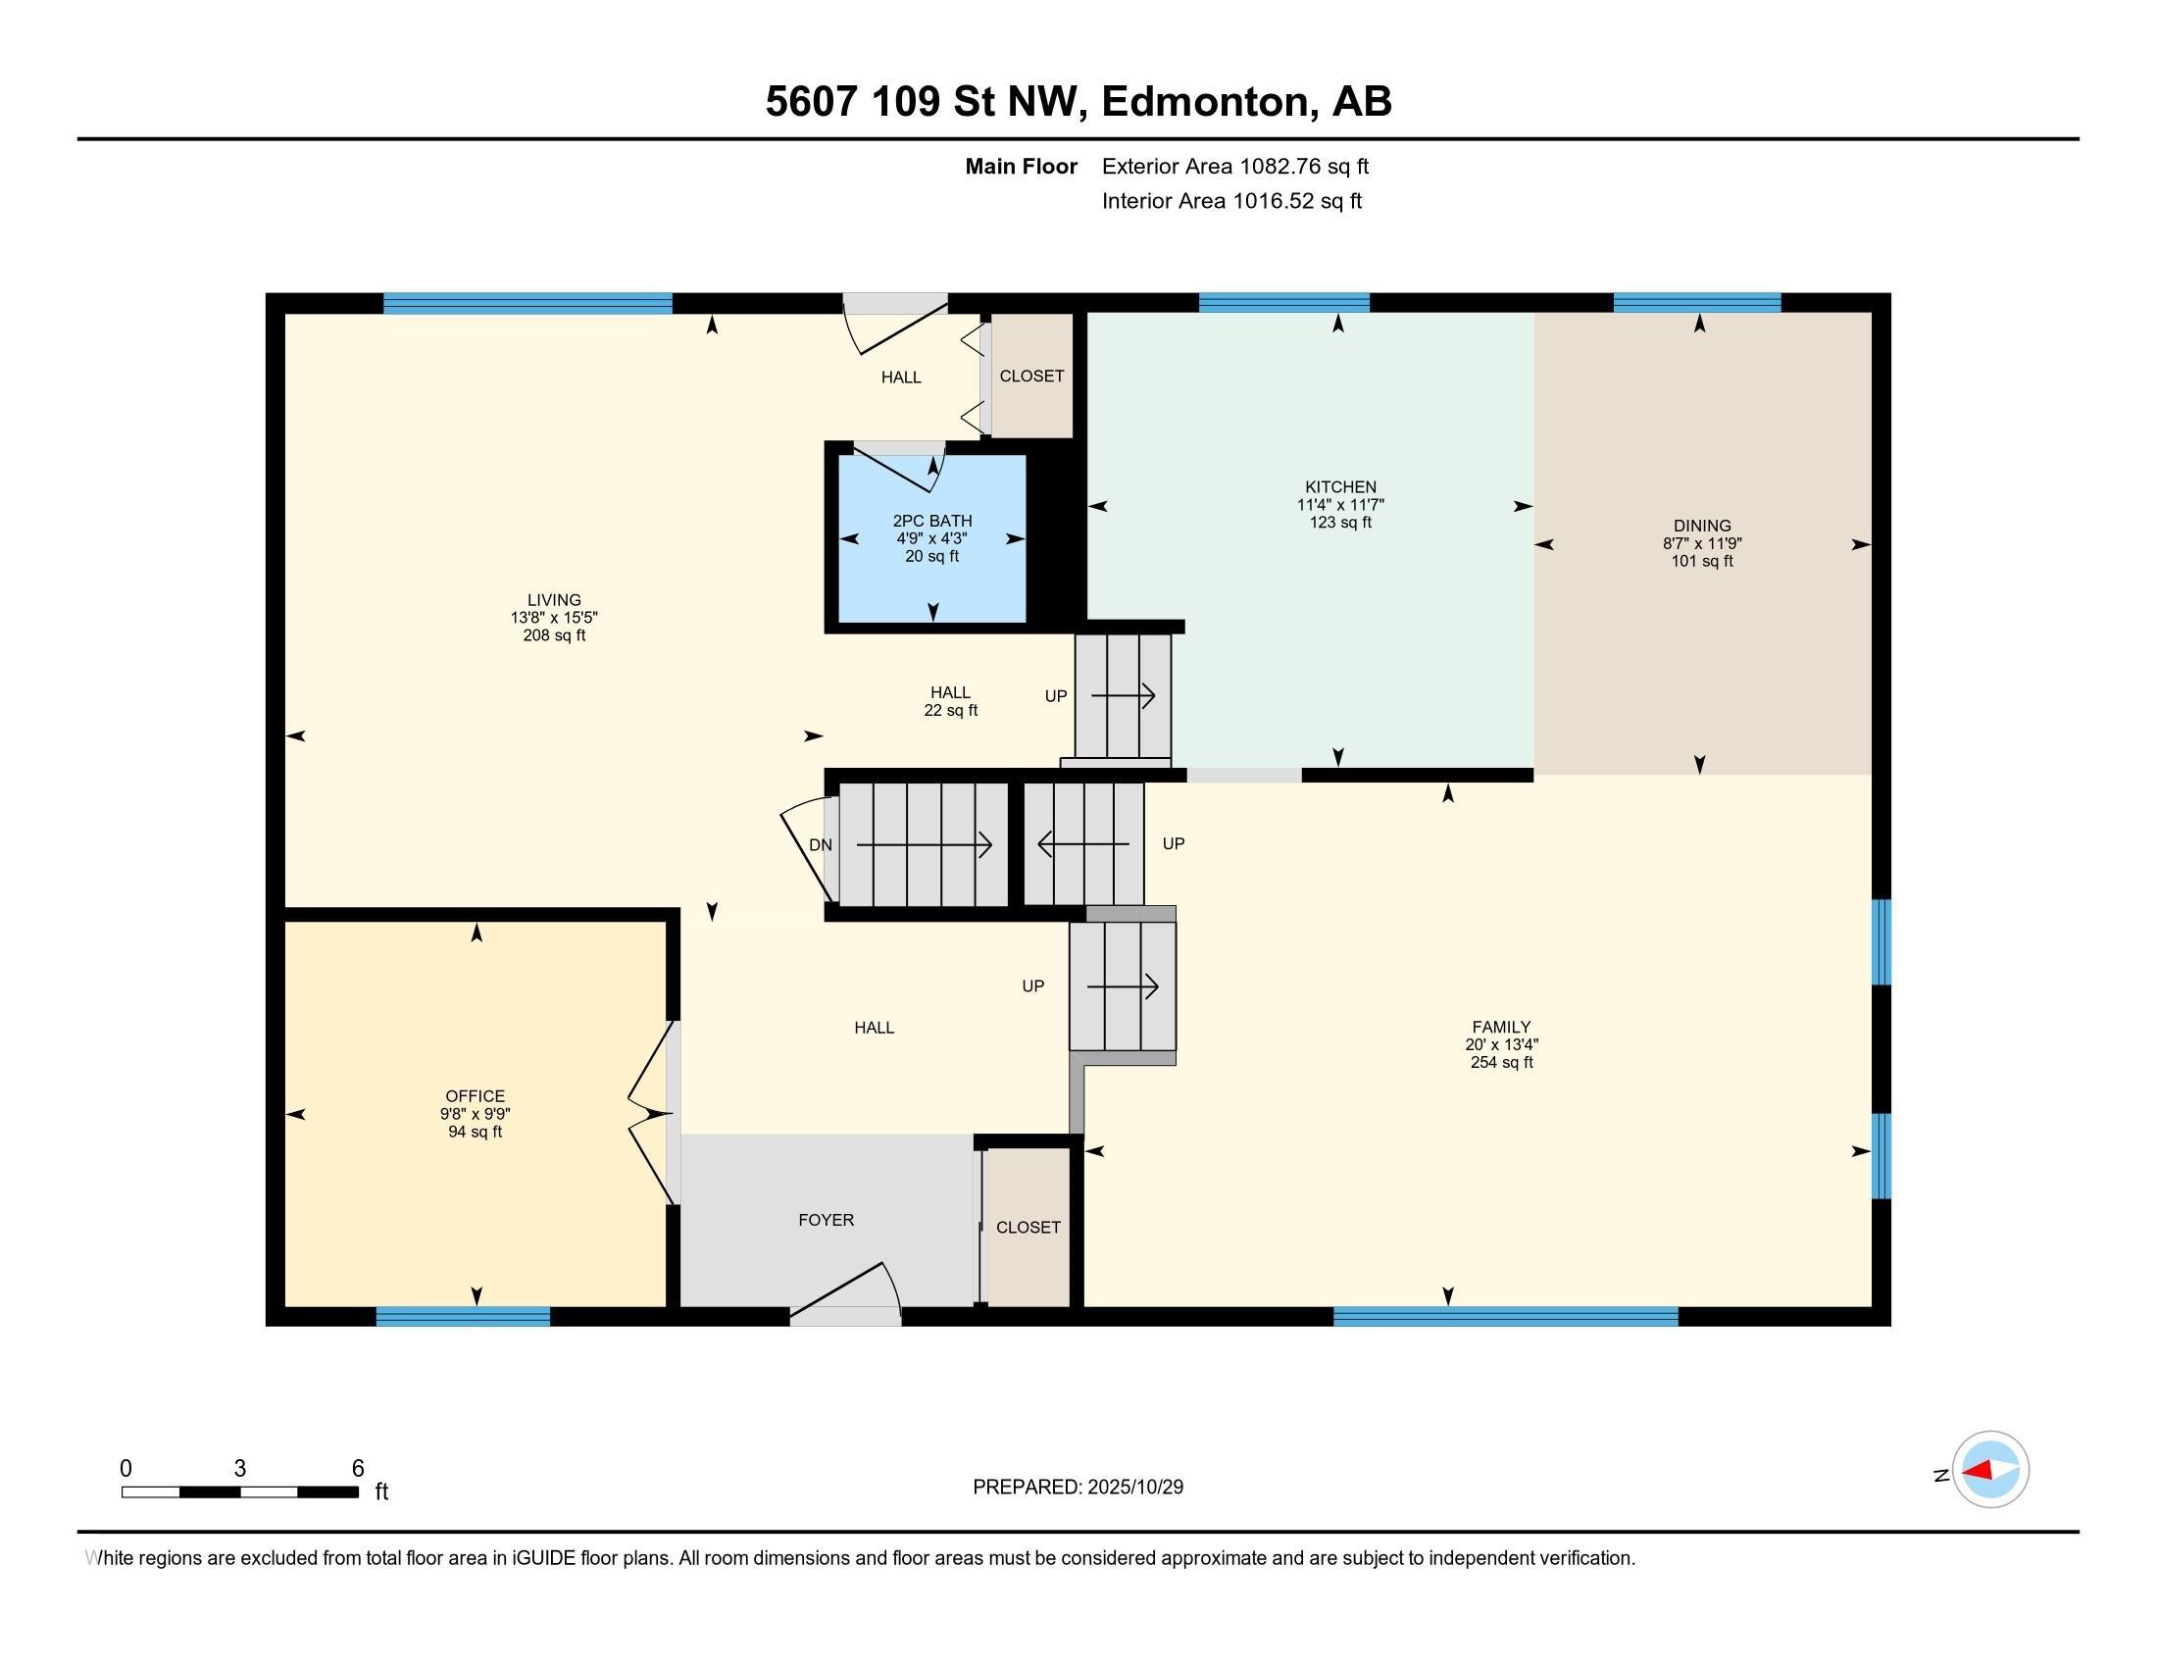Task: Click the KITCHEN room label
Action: pyautogui.click(x=1340, y=487)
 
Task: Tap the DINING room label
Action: pyautogui.click(x=1702, y=526)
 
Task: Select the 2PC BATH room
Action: pyautogui.click(x=931, y=538)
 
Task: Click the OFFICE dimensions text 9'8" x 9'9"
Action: pyautogui.click(x=476, y=1114)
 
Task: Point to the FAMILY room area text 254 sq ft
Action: pyautogui.click(x=1501, y=1063)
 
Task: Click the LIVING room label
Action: pyautogui.click(x=553, y=599)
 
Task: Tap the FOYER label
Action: pyautogui.click(x=826, y=1220)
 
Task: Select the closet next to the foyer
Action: pyautogui.click(x=1028, y=1227)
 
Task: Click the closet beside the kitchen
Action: pyautogui.click(x=1031, y=376)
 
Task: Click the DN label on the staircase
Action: pyautogui.click(x=820, y=844)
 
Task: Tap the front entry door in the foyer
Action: pyautogui.click(x=844, y=1294)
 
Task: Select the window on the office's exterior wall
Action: pyautogui.click(x=462, y=1315)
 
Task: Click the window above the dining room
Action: pyautogui.click(x=1696, y=302)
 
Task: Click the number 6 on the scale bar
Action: pyautogui.click(x=358, y=1469)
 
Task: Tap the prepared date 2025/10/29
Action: pyautogui.click(x=1133, y=1488)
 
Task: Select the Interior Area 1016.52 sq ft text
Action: pyautogui.click(x=1231, y=201)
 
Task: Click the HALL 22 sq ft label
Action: pyautogui.click(x=950, y=701)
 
